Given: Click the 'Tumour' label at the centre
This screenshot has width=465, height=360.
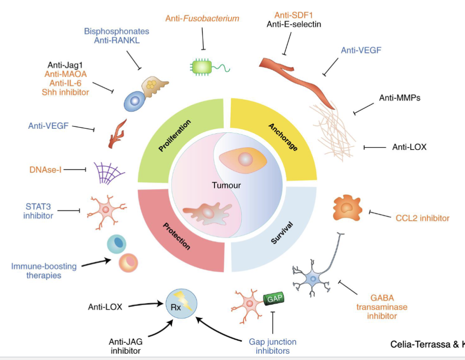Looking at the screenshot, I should coord(226,186).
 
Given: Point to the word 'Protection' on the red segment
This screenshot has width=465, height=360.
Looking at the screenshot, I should coord(176,236).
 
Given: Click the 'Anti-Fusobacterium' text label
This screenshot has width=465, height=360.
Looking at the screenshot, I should coord(202,18).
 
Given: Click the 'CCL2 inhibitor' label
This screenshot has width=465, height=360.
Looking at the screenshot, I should coord(422,217).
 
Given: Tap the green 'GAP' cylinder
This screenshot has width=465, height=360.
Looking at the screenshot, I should coord(273,299).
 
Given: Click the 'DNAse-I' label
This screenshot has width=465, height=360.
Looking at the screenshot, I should coord(44,169).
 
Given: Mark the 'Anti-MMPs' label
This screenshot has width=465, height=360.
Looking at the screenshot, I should coord(399,98).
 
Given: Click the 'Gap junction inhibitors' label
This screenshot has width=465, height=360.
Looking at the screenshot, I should coord(272,346).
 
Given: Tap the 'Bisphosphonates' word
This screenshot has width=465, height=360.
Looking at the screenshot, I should coord(117,31).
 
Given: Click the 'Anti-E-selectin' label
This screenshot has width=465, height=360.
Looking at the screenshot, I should coord(294,24).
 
